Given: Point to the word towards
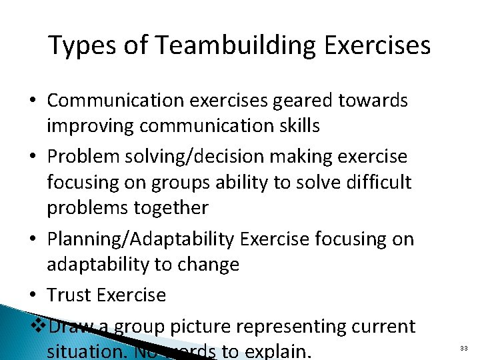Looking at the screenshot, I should [x=373, y=100].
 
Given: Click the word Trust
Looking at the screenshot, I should [x=69, y=294].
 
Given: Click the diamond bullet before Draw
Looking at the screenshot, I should [x=39, y=325].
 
